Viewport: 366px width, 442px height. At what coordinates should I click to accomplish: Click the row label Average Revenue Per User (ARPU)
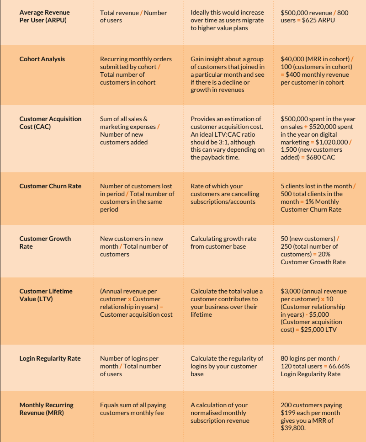(x=44, y=16)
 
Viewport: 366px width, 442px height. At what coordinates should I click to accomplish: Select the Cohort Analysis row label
(x=42, y=59)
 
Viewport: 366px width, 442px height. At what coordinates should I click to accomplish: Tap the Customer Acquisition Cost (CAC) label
(x=50, y=122)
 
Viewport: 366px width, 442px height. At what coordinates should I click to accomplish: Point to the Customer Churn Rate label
(x=50, y=186)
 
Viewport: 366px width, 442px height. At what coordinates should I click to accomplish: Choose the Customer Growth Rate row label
(x=45, y=242)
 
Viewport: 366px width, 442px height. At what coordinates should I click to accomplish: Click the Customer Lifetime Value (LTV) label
(x=46, y=295)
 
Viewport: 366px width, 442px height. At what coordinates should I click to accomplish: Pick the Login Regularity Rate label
(x=49, y=358)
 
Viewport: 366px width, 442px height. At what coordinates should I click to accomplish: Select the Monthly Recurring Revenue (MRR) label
(x=46, y=409)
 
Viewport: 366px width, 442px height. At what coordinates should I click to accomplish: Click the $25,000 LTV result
(x=318, y=330)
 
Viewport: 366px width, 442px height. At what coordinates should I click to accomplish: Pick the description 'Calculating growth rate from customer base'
(x=223, y=242)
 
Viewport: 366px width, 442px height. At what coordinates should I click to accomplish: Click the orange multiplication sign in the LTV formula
(x=130, y=299)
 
